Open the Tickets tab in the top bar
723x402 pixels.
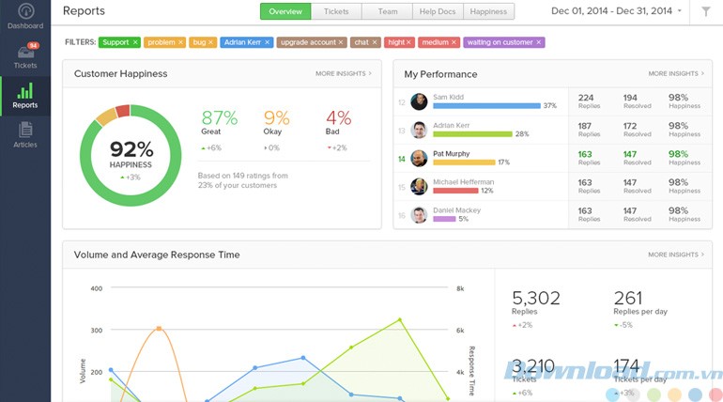pyautogui.click(x=335, y=11)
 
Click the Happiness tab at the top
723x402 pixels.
pyautogui.click(x=487, y=11)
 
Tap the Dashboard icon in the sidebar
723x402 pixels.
pyautogui.click(x=24, y=16)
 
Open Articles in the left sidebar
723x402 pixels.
pyautogui.click(x=24, y=134)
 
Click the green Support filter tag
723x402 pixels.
pyautogui.click(x=119, y=42)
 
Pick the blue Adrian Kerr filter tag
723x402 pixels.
pyautogui.click(x=248, y=42)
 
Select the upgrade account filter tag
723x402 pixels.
pyautogui.click(x=311, y=42)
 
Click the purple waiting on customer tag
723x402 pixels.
pyautogui.click(x=504, y=42)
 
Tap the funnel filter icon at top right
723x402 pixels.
pyautogui.click(x=705, y=11)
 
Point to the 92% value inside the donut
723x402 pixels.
pyautogui.click(x=131, y=148)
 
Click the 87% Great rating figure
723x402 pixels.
pyautogui.click(x=219, y=118)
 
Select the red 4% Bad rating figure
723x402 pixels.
pyautogui.click(x=338, y=118)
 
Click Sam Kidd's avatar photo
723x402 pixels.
pyautogui.click(x=419, y=101)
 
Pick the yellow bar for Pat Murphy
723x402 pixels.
pyautogui.click(x=464, y=162)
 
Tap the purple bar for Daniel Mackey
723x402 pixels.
pyautogui.click(x=444, y=219)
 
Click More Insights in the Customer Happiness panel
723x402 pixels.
pyautogui.click(x=343, y=73)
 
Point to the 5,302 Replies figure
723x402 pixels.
pyautogui.click(x=536, y=299)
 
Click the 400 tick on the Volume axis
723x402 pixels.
pyautogui.click(x=96, y=288)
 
